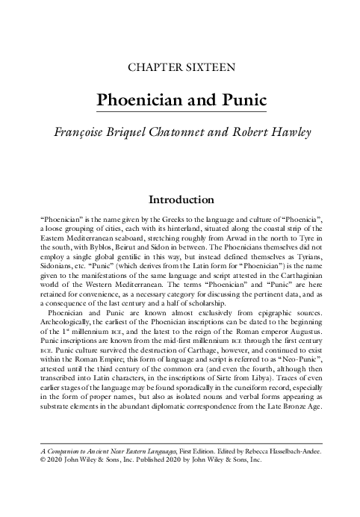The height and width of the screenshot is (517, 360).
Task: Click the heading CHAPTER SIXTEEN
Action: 183,67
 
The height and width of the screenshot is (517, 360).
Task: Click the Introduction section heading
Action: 182,200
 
